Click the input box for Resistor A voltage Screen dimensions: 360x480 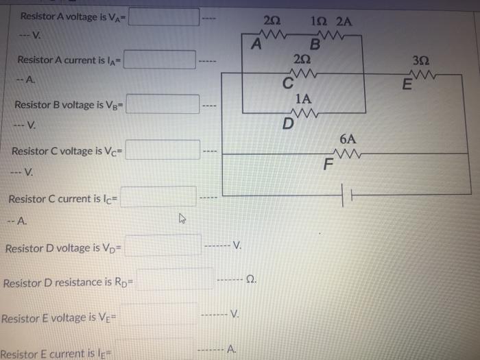[164, 16]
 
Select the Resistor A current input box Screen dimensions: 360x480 [159, 60]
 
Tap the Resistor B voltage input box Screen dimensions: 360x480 [161, 106]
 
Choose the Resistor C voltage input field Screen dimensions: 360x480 [162, 150]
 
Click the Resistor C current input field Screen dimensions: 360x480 [159, 197]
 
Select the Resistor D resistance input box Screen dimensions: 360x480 [176, 281]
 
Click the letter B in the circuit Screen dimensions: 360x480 [315, 46]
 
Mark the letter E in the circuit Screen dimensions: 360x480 [407, 86]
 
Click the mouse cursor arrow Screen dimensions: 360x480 [182, 219]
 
